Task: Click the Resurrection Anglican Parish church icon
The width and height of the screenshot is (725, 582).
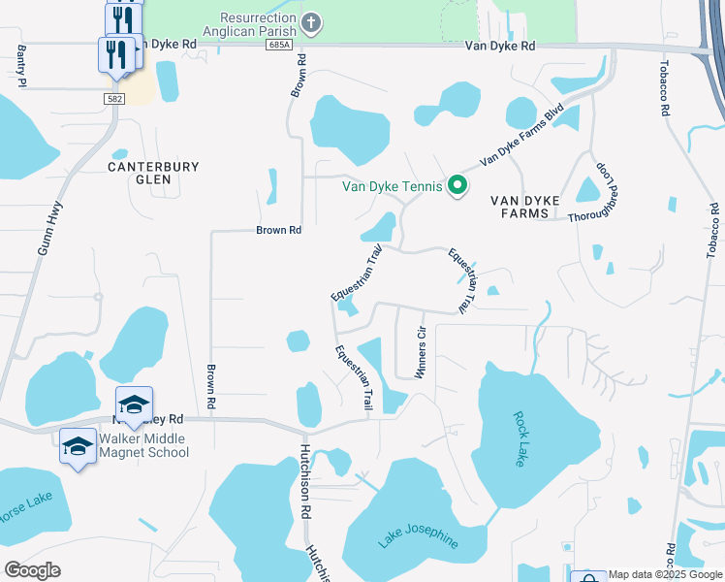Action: [311, 23]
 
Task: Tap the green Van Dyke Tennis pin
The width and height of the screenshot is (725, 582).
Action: [457, 185]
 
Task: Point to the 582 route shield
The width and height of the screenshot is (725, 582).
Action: [114, 98]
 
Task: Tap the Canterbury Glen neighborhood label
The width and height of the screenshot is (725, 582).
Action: [153, 173]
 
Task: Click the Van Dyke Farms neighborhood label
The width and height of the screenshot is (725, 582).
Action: [525, 207]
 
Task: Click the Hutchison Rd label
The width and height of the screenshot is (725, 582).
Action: [304, 483]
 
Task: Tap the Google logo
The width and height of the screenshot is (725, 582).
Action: [32, 570]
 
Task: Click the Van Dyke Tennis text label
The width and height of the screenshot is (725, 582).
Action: [393, 186]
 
